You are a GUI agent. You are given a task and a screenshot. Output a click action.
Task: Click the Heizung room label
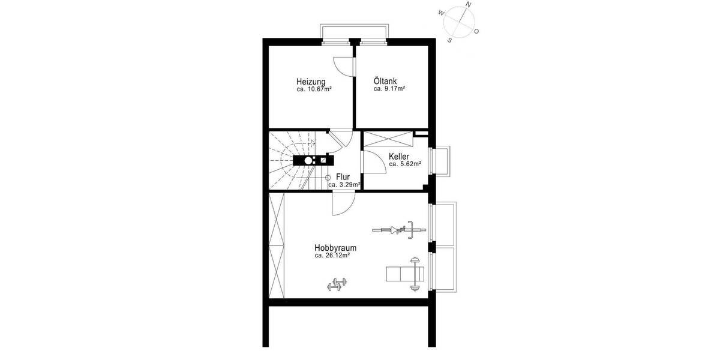[x=311, y=82]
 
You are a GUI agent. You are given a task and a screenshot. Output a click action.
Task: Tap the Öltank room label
[x=385, y=81]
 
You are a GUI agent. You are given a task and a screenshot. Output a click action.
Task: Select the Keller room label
[x=399, y=156]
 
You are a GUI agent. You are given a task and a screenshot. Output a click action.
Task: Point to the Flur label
[x=343, y=177]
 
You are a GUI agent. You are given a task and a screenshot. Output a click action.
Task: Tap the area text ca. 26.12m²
[x=332, y=256]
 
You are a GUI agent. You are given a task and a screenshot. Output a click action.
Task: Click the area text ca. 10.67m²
[x=314, y=89]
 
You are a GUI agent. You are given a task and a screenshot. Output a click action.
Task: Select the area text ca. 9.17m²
[x=389, y=89]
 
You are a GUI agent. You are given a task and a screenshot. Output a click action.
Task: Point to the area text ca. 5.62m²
[x=405, y=164]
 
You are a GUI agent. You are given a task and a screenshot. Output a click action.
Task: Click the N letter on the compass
[x=469, y=5]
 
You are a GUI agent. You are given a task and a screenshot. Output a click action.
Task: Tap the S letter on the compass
[x=449, y=40]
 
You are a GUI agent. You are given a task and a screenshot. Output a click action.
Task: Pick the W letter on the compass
[x=441, y=12]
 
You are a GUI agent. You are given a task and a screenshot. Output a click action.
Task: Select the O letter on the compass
[x=476, y=31]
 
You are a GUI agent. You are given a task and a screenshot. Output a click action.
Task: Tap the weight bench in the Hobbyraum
[x=405, y=275]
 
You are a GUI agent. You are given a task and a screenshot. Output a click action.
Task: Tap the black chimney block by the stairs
[x=313, y=160]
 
